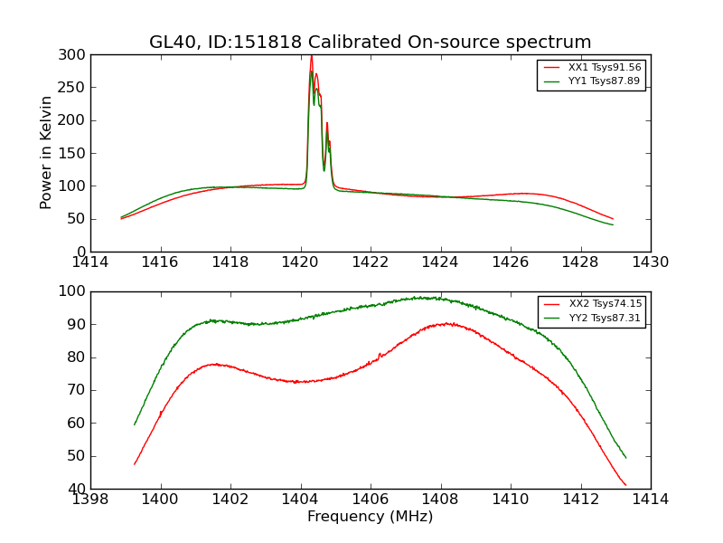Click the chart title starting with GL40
point(371,42)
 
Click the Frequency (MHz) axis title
point(371,517)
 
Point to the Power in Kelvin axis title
point(46,153)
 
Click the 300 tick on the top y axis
point(75,54)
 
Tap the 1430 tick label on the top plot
point(651,262)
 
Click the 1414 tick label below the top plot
point(91,262)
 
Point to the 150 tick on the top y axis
point(75,153)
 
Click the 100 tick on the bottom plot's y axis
point(75,291)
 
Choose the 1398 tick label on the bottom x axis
point(91,499)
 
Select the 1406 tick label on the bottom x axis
point(371,499)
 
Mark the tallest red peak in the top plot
point(311,56)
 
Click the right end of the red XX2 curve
point(625,485)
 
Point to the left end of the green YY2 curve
point(135,424)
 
